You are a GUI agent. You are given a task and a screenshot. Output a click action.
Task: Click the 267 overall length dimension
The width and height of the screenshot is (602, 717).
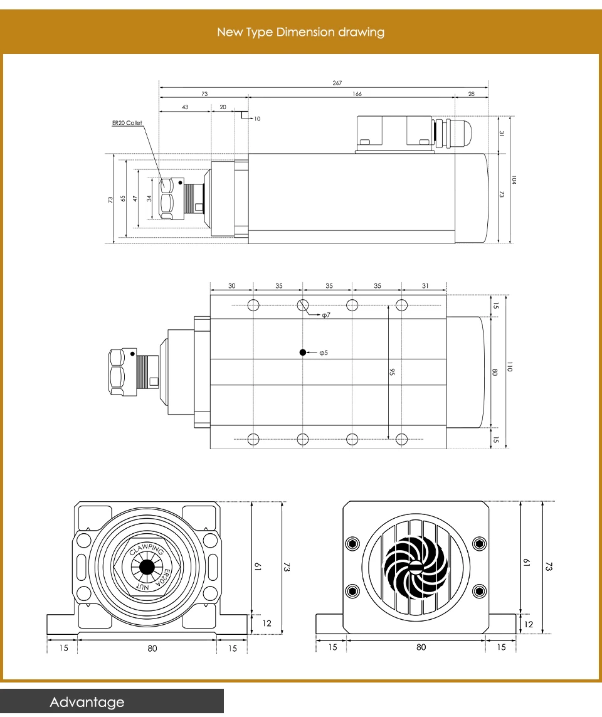pyautogui.click(x=337, y=83)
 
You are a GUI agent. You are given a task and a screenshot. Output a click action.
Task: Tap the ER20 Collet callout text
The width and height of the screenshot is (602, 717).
pyautogui.click(x=127, y=123)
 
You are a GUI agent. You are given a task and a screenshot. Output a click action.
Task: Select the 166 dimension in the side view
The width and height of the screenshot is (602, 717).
pyautogui.click(x=357, y=94)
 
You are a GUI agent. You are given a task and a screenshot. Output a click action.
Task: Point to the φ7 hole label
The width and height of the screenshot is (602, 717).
pyautogui.click(x=326, y=315)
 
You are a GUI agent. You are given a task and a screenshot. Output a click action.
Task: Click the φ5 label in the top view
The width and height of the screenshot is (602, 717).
pyautogui.click(x=324, y=353)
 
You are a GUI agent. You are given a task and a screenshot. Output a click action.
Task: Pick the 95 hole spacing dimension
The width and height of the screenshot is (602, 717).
pyautogui.click(x=393, y=372)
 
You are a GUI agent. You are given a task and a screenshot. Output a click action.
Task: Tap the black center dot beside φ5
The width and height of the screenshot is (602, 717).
pyautogui.click(x=303, y=353)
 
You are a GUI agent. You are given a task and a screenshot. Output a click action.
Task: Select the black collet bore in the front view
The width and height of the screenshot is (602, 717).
pyautogui.click(x=147, y=567)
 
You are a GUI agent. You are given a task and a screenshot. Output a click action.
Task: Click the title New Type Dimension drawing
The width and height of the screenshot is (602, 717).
pyautogui.click(x=301, y=32)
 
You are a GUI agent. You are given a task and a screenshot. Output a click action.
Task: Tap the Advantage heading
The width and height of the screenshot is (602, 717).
pyautogui.click(x=87, y=702)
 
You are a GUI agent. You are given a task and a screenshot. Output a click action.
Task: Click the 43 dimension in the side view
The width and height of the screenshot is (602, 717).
pyautogui.click(x=185, y=107)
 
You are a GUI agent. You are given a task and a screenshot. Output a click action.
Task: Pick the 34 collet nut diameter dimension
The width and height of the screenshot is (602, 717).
pyautogui.click(x=149, y=198)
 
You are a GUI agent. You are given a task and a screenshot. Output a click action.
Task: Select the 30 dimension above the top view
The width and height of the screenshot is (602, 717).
pyautogui.click(x=232, y=286)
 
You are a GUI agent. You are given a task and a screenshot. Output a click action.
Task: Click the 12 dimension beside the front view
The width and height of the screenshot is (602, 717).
pyautogui.click(x=267, y=623)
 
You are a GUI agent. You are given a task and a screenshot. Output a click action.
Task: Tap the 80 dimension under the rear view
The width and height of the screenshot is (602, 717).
pyautogui.click(x=421, y=647)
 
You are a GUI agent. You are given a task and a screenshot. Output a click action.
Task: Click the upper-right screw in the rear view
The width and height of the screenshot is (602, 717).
pyautogui.click(x=480, y=543)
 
